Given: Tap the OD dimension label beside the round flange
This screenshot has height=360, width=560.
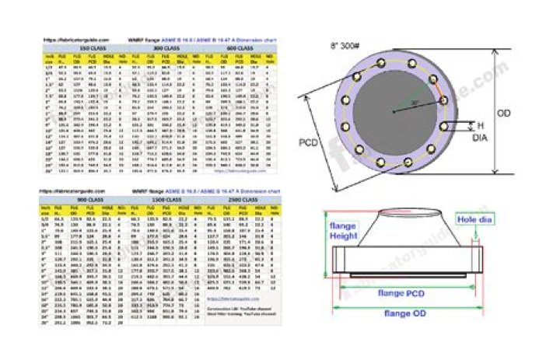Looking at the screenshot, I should point(504,113).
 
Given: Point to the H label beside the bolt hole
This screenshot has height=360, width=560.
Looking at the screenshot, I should point(478,125).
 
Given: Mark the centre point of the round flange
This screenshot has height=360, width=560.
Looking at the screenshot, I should point(392,112).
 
